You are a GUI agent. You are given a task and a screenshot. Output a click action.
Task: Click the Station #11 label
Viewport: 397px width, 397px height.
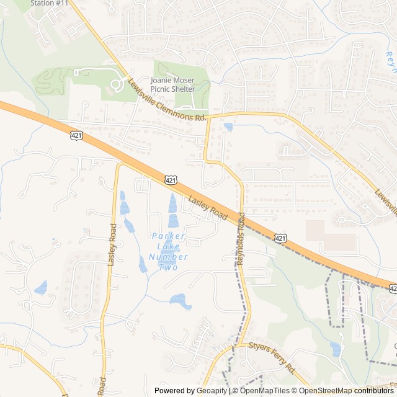[49, 3]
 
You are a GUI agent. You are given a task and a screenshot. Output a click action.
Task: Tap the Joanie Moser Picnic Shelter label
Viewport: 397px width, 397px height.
[172, 85]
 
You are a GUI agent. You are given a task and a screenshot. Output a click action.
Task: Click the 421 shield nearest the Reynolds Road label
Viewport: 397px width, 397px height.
[281, 238]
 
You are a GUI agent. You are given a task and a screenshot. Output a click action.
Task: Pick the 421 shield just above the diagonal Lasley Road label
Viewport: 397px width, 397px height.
[171, 180]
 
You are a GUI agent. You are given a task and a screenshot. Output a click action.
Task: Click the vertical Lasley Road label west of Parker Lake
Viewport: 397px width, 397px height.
[112, 244]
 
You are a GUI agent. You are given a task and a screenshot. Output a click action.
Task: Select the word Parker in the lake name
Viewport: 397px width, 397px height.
[169, 236]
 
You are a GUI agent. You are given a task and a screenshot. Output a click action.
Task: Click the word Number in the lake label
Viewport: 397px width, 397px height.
[169, 256]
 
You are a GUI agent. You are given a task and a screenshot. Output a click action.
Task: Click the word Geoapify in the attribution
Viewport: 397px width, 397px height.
[212, 391]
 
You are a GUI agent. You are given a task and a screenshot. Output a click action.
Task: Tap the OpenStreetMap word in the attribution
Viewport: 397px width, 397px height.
[326, 391]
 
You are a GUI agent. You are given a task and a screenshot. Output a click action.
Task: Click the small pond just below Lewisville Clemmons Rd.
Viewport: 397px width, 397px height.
[228, 127]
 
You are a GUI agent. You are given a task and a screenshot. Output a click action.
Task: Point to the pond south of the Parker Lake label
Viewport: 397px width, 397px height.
[181, 301]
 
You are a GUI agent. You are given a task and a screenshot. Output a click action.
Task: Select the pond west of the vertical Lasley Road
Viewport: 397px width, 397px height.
[41, 288]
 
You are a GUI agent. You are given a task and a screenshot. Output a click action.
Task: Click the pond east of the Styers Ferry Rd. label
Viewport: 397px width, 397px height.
[336, 350]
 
